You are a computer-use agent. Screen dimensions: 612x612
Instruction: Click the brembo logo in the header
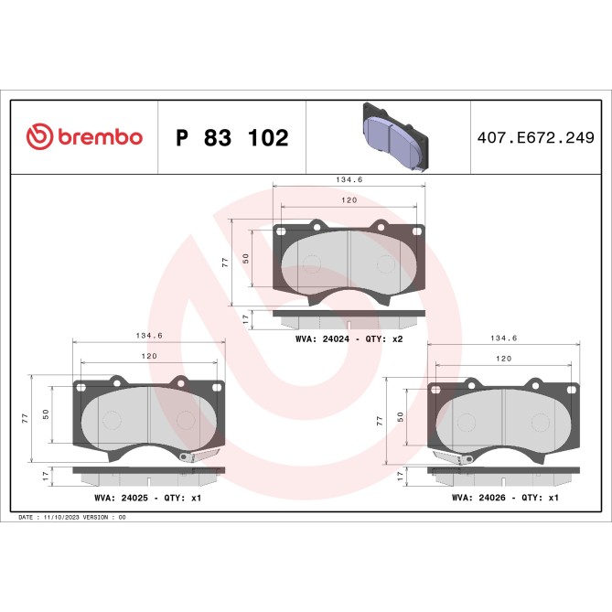pyautogui.click(x=84, y=137)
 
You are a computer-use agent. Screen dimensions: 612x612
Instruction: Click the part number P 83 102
pyautogui.click(x=231, y=138)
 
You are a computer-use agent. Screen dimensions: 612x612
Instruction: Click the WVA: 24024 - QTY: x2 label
pyautogui.click(x=349, y=339)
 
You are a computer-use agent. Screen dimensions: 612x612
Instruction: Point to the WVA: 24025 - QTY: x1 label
pyautogui.click(x=146, y=498)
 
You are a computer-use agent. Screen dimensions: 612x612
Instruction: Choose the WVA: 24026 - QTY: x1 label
pyautogui.click(x=504, y=498)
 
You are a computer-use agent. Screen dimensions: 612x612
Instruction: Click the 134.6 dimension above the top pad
pyautogui.click(x=349, y=180)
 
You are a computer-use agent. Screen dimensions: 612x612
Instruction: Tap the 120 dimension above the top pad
pyautogui.click(x=349, y=199)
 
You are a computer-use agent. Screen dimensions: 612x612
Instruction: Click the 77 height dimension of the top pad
pyautogui.click(x=225, y=263)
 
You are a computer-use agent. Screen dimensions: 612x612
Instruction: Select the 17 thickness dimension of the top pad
pyautogui.click(x=244, y=319)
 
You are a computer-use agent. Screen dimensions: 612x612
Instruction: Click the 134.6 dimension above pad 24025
pyautogui.click(x=148, y=336)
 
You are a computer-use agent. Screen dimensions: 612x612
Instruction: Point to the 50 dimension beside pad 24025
pyautogui.click(x=46, y=414)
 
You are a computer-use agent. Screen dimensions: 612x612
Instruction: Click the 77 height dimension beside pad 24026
pyautogui.click(x=379, y=421)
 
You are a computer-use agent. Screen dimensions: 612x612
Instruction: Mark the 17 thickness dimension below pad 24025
pyautogui.click(x=45, y=477)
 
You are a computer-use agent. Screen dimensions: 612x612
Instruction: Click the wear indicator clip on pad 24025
pyautogui.click(x=199, y=455)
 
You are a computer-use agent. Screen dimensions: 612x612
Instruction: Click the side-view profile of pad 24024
pyautogui.click(x=349, y=318)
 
